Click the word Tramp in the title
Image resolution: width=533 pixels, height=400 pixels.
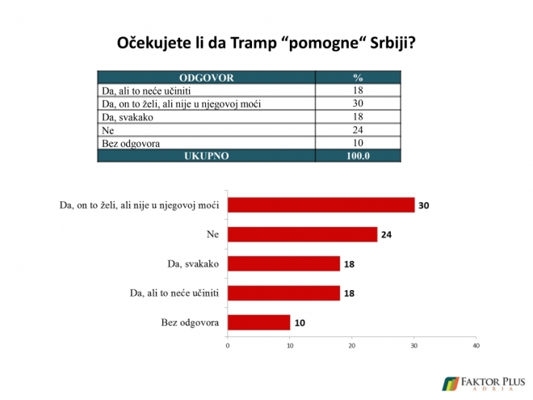click(x=254, y=43)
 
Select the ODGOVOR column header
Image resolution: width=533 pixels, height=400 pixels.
click(x=206, y=78)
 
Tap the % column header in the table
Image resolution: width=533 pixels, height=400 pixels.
click(x=358, y=78)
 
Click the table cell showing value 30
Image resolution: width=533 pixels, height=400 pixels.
click(x=358, y=103)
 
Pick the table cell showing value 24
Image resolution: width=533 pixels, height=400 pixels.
click(x=358, y=130)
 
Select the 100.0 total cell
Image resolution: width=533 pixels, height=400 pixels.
click(x=358, y=156)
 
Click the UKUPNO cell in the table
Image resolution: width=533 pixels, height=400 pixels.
click(x=206, y=156)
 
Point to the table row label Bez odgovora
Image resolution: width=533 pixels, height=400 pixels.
click(x=131, y=144)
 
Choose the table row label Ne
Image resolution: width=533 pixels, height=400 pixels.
click(x=107, y=130)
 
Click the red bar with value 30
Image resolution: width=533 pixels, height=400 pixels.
click(x=321, y=204)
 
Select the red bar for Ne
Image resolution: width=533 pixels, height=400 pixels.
click(x=303, y=234)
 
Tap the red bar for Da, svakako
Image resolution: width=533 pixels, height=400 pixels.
click(x=283, y=263)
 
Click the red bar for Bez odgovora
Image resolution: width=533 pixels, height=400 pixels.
click(x=259, y=322)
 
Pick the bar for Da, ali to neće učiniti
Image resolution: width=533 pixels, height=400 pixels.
click(x=283, y=293)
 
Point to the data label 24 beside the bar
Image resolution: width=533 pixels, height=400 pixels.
click(x=386, y=234)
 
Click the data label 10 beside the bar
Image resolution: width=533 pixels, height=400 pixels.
click(x=300, y=322)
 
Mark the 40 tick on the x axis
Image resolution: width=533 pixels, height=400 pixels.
click(x=476, y=346)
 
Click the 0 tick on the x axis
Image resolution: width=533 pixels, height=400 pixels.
click(x=228, y=346)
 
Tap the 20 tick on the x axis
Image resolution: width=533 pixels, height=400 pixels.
click(x=352, y=346)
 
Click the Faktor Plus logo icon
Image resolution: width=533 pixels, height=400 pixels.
click(x=450, y=384)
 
